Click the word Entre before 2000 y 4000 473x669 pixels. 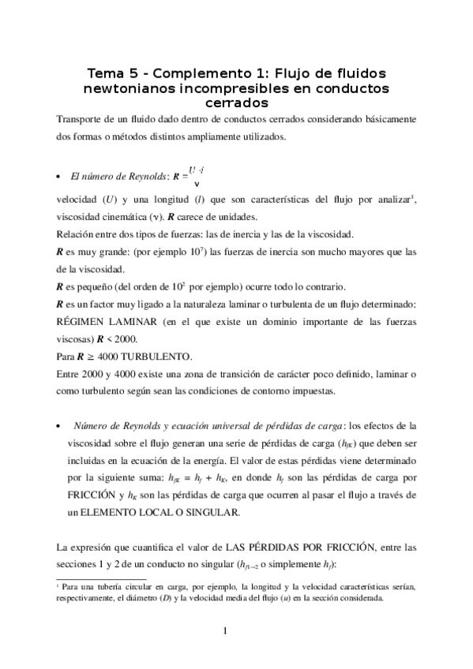coord(70,373)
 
